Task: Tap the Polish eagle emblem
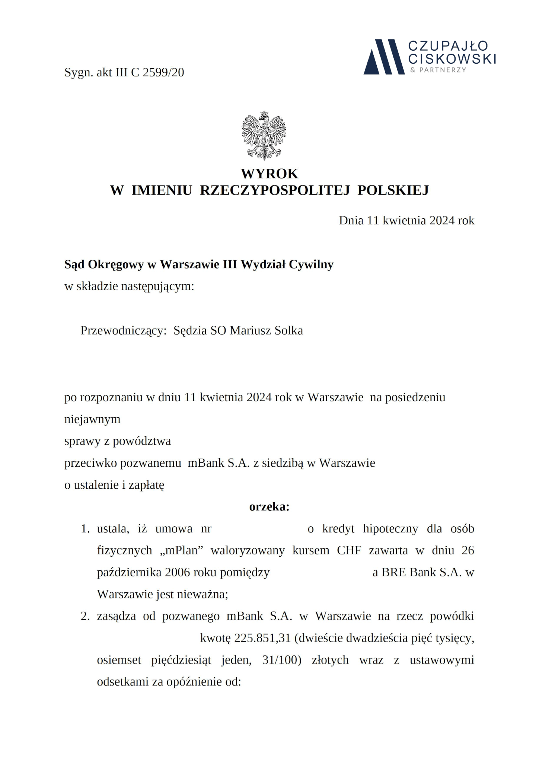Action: click(x=264, y=135)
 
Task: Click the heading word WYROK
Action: click(x=269, y=174)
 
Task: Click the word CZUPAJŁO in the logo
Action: click(x=448, y=46)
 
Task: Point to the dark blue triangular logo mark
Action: click(x=383, y=57)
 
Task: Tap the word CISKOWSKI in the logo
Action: click(x=452, y=58)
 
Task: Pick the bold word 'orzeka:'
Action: click(x=269, y=507)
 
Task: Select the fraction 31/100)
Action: click(x=282, y=660)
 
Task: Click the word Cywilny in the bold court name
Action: click(x=311, y=265)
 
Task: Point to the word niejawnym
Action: click(x=92, y=419)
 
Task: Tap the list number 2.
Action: click(x=85, y=616)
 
